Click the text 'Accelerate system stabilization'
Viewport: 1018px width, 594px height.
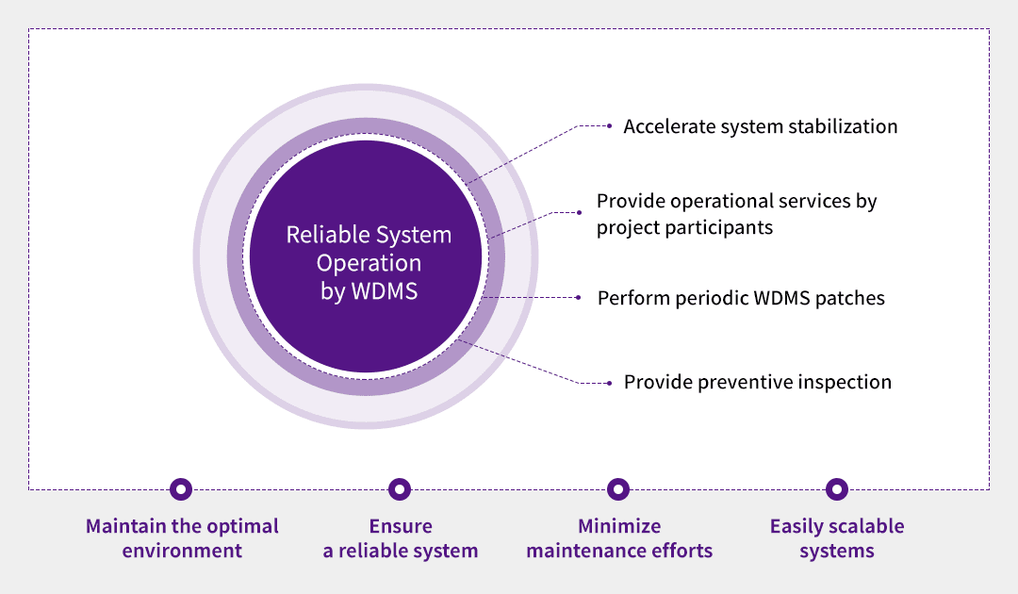coord(760,126)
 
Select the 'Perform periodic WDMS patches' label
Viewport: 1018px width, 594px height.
coord(741,298)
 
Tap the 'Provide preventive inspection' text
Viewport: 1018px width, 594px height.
coord(757,382)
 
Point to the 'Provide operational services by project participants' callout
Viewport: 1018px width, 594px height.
coord(736,214)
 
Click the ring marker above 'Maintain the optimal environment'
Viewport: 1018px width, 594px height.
coord(181,489)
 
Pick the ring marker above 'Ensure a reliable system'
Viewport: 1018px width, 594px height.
coord(400,489)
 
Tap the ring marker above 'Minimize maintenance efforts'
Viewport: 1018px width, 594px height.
coord(618,489)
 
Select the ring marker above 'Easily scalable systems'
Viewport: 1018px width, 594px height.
coord(836,489)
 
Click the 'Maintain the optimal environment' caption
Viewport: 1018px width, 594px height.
coord(182,538)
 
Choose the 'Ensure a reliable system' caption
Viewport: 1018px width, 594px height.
coord(401,538)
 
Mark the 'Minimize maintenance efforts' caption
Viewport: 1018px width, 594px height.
coord(619,538)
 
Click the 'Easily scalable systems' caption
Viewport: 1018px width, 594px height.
coord(837,538)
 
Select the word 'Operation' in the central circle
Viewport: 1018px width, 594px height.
coord(369,263)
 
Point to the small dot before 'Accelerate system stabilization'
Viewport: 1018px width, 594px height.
coord(610,125)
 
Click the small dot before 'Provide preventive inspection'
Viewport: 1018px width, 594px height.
coord(610,382)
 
